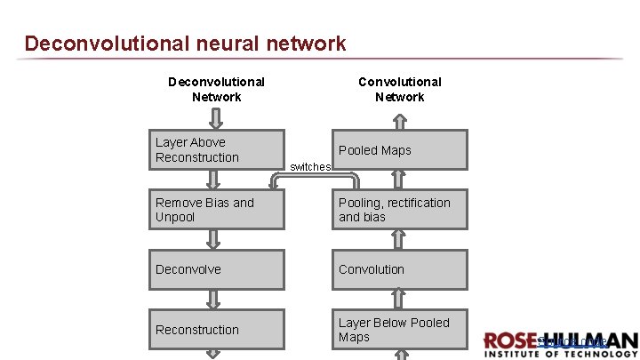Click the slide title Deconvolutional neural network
coord(185,43)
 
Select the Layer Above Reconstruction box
coord(217,149)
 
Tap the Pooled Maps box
coord(400,149)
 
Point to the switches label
coord(310,167)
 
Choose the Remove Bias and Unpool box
coord(217,210)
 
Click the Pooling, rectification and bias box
coord(400,210)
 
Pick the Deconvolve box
coord(217,268)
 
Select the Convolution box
coord(400,268)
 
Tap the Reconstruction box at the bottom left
coord(217,329)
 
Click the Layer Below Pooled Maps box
coord(400,329)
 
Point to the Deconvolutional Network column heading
coord(217,89)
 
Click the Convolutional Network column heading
coord(400,89)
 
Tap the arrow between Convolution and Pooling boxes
coord(400,239)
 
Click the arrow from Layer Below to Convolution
coord(400,299)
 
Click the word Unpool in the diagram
coord(175,218)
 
